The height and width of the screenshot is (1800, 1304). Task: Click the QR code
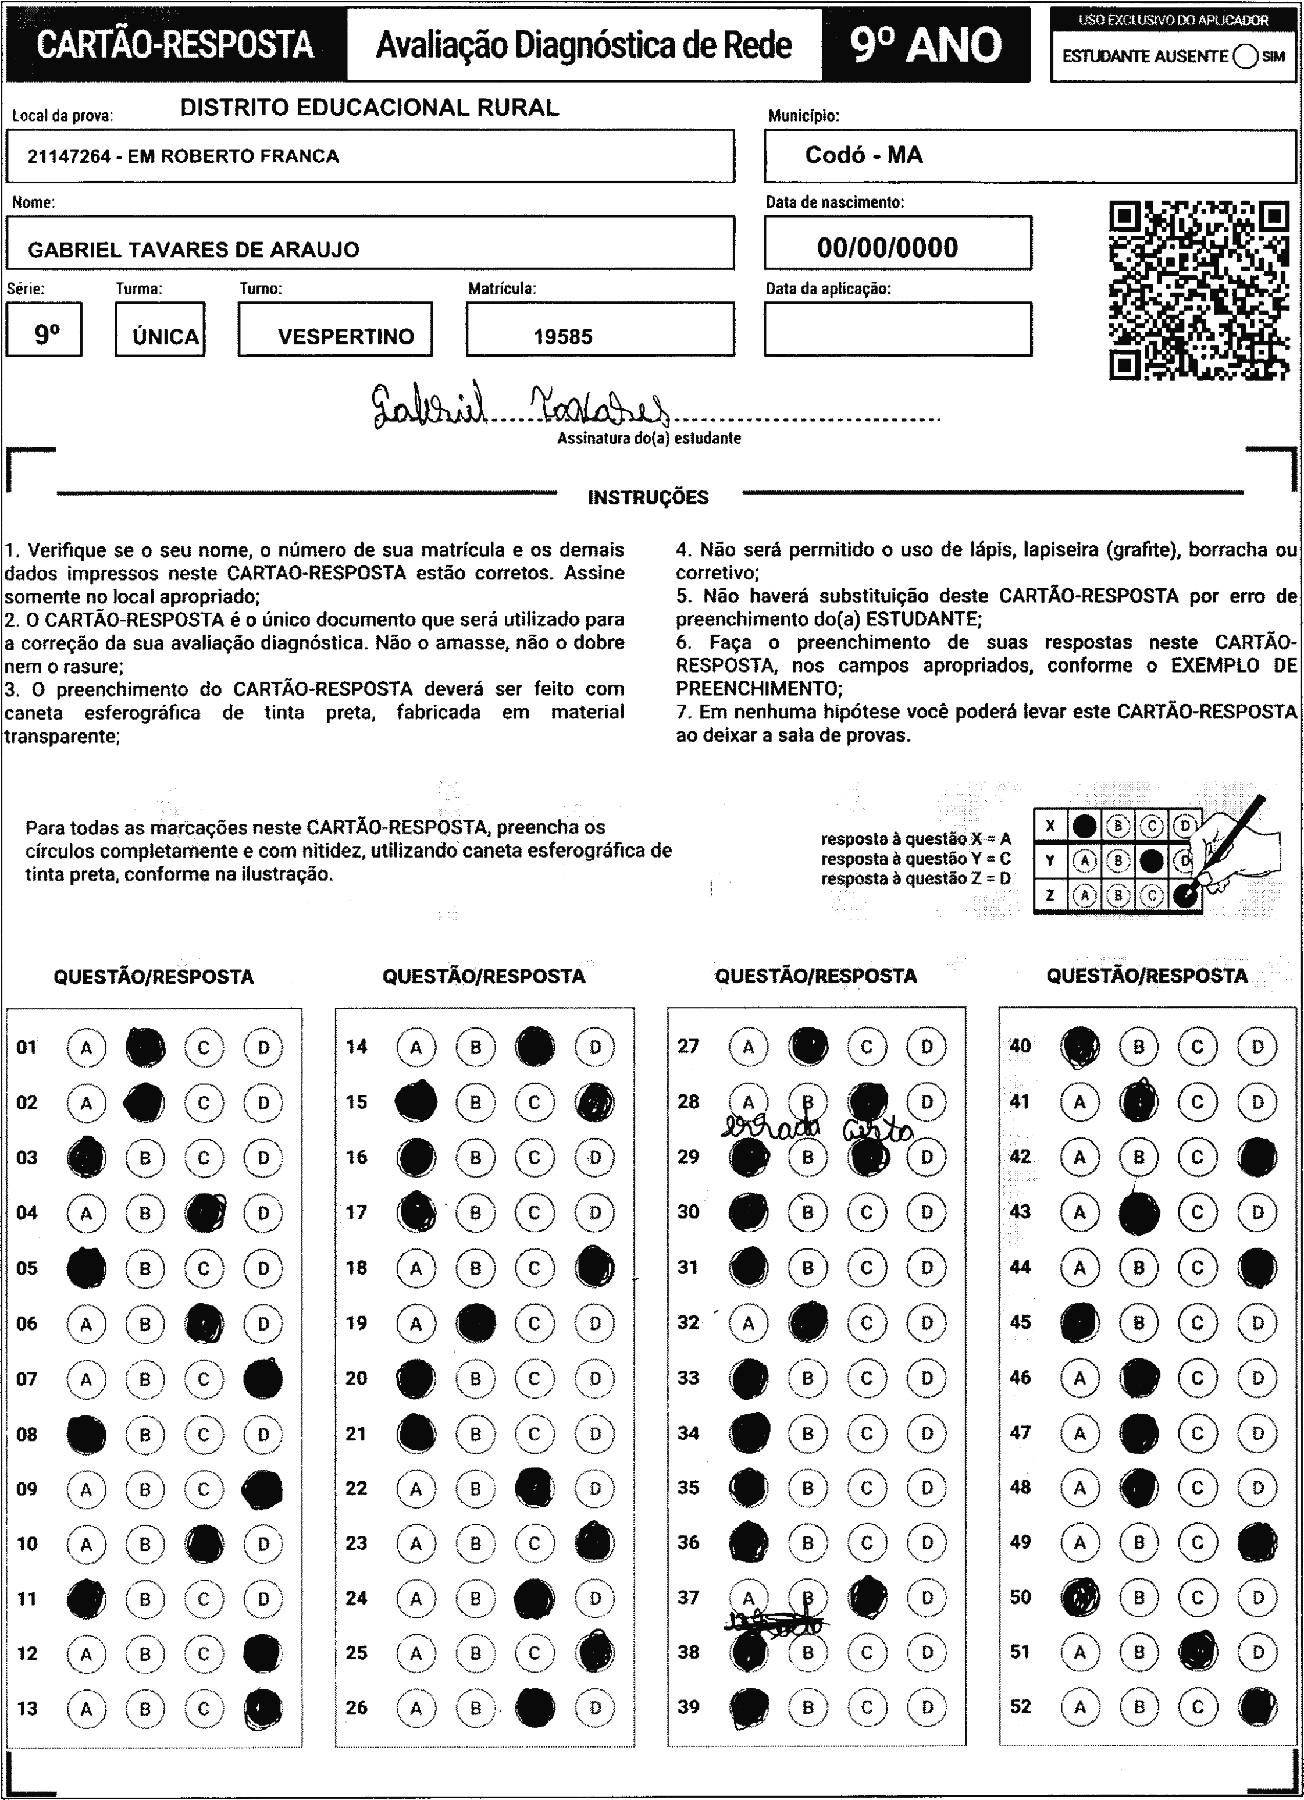pyautogui.click(x=1199, y=290)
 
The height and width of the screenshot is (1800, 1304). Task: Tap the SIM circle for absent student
pyautogui.click(x=1245, y=56)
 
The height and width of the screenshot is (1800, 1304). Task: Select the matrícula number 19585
pyautogui.click(x=562, y=336)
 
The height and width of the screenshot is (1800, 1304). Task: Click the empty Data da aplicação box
pyautogui.click(x=897, y=329)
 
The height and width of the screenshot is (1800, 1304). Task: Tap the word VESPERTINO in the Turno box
pyautogui.click(x=346, y=336)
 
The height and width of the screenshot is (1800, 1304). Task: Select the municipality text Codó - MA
pyautogui.click(x=864, y=155)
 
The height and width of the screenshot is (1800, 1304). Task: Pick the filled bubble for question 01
pyautogui.click(x=145, y=1047)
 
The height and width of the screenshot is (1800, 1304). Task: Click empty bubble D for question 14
pyautogui.click(x=594, y=1047)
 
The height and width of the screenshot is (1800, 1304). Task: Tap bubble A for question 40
pyautogui.click(x=1079, y=1046)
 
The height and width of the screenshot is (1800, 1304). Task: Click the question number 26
pyautogui.click(x=357, y=1706)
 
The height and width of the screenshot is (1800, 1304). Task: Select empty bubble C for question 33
pyautogui.click(x=866, y=1378)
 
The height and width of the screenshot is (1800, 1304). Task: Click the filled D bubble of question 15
pyautogui.click(x=594, y=1102)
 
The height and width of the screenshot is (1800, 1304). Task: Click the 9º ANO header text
pyautogui.click(x=925, y=45)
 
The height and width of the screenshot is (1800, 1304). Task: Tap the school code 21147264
pyautogui.click(x=68, y=156)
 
